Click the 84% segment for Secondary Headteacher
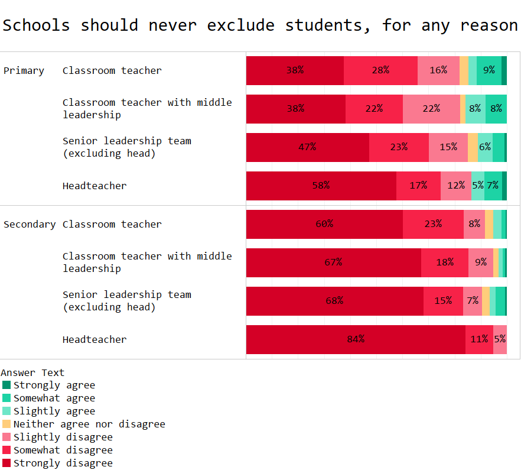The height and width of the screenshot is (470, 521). pyautogui.click(x=356, y=339)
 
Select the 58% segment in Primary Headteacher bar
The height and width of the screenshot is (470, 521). pyautogui.click(x=321, y=186)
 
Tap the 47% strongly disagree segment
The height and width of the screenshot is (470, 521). pyautogui.click(x=307, y=147)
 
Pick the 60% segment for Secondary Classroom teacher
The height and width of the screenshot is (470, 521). pyautogui.click(x=324, y=224)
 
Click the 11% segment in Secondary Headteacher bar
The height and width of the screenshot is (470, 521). pyautogui.click(x=479, y=339)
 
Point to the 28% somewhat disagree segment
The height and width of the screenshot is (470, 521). pyautogui.click(x=380, y=70)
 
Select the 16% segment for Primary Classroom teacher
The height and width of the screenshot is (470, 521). pyautogui.click(x=438, y=70)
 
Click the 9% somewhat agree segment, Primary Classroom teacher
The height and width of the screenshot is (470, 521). pyautogui.click(x=489, y=70)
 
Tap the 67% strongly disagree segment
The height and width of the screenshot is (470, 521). pyautogui.click(x=333, y=262)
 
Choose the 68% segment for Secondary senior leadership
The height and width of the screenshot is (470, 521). pyautogui.click(x=334, y=301)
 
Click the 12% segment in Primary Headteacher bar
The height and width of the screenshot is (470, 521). pyautogui.click(x=456, y=186)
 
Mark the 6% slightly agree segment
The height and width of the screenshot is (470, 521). pyautogui.click(x=485, y=147)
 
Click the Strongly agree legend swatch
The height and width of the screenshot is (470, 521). pyautogui.click(x=6, y=385)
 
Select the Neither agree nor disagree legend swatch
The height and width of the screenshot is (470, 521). pyautogui.click(x=6, y=424)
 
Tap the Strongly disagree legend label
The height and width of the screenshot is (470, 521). pyautogui.click(x=63, y=463)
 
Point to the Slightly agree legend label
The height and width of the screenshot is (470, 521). pyautogui.click(x=54, y=411)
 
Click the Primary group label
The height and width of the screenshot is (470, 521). pyautogui.click(x=24, y=70)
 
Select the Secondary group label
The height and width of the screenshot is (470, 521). pyautogui.click(x=30, y=224)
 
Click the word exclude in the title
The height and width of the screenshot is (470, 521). pyautogui.click(x=240, y=25)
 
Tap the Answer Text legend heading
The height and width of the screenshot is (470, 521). pyautogui.click(x=32, y=372)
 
